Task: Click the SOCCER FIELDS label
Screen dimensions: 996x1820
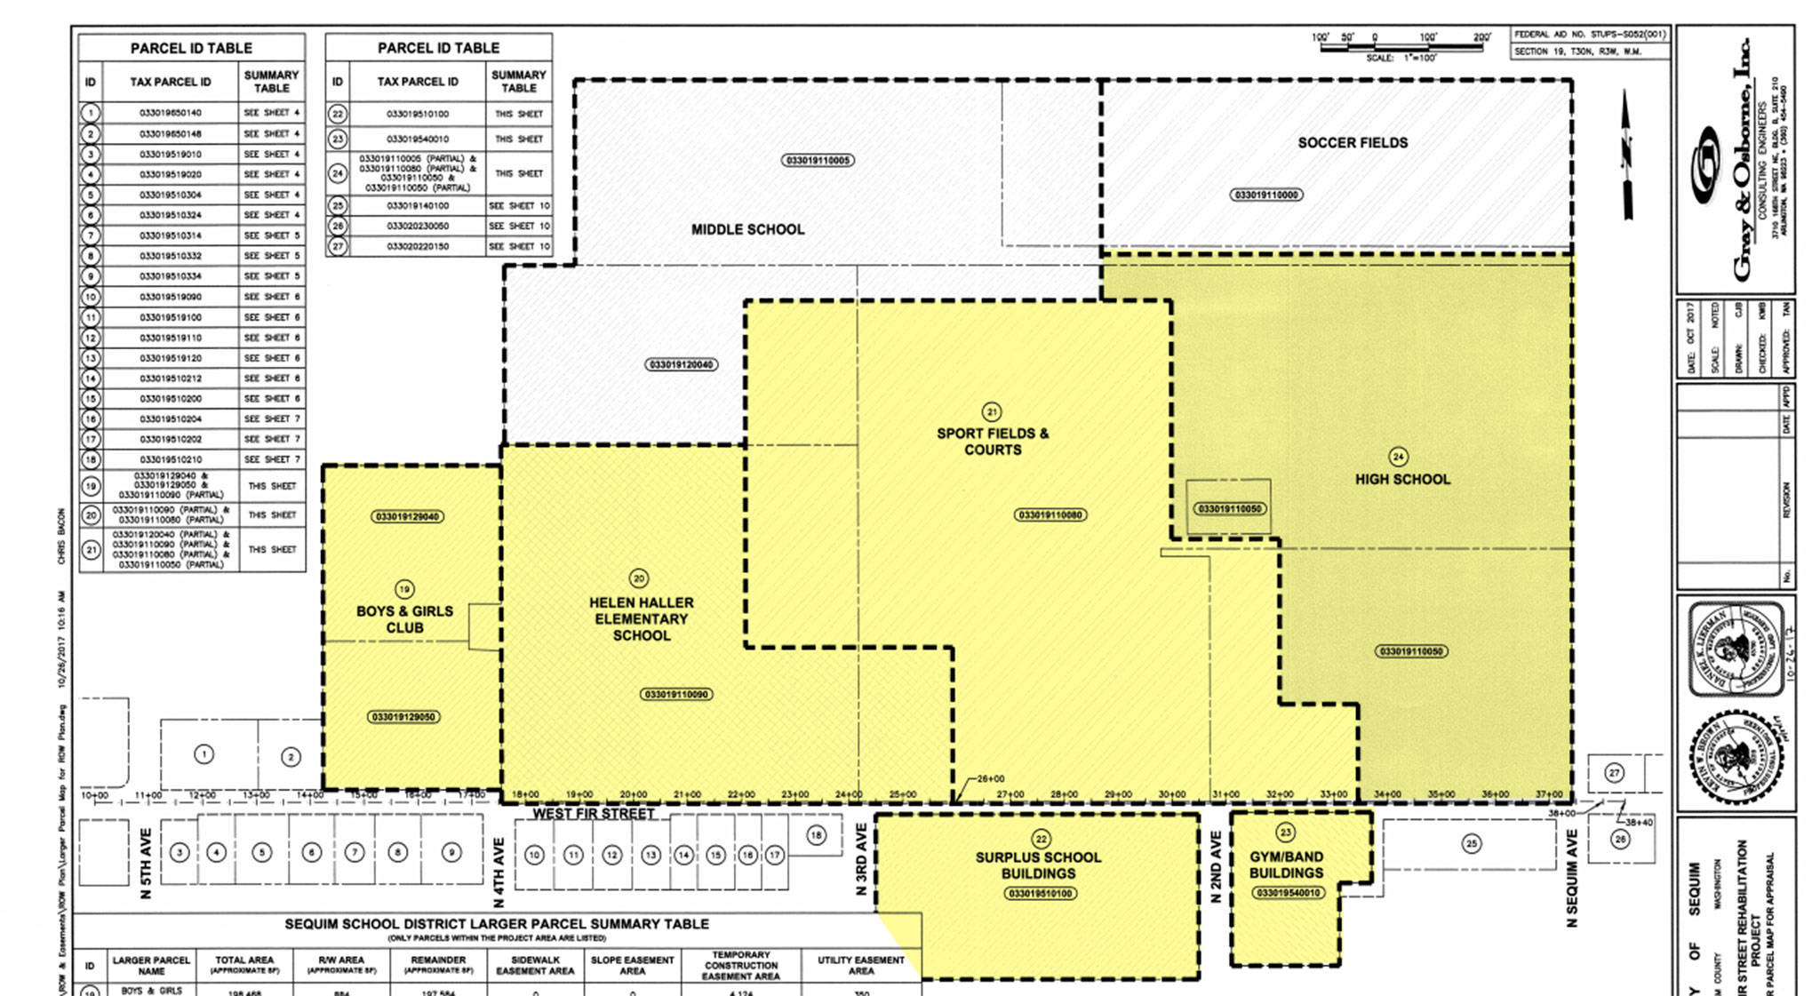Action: coord(1352,142)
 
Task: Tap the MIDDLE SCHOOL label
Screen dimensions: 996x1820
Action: coord(747,229)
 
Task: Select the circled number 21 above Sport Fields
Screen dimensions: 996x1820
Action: coord(991,412)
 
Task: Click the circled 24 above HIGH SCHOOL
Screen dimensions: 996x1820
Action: coord(1398,457)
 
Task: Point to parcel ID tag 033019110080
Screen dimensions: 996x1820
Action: coord(1050,515)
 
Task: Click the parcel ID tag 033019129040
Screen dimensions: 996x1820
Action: coord(407,517)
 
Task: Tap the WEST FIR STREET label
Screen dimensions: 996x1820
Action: coord(594,814)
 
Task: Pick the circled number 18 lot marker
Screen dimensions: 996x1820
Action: coord(816,835)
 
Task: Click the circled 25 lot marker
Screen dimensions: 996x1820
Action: coord(1472,843)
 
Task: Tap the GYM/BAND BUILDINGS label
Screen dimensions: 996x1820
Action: coord(1286,865)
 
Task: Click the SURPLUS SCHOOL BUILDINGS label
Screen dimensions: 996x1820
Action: coord(1038,865)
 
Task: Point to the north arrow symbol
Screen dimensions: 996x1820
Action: coord(1627,155)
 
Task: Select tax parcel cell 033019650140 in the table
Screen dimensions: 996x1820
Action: coord(170,113)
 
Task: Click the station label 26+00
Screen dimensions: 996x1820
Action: coord(991,778)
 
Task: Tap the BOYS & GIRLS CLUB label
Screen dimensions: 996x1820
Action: coord(404,619)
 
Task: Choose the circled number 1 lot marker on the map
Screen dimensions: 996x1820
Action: coord(204,754)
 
